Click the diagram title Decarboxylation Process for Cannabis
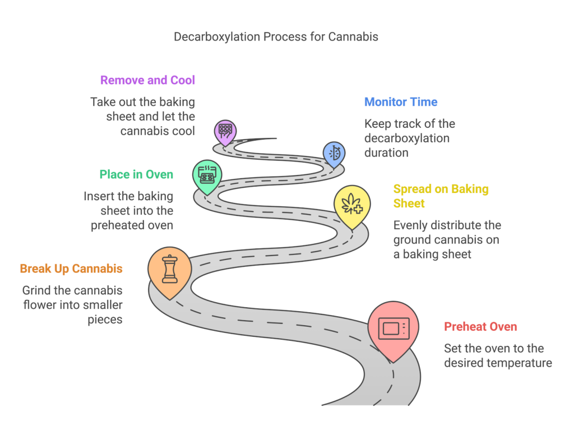[276, 37]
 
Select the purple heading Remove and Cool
[147, 80]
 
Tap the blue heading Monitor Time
[401, 102]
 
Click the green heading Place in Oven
[136, 174]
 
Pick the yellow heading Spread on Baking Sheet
[441, 196]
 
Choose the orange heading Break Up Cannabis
[71, 269]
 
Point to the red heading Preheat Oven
[480, 327]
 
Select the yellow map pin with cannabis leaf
[352, 205]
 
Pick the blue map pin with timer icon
[334, 152]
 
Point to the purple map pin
[225, 131]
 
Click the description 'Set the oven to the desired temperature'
[498, 355]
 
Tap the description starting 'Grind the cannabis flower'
[72, 305]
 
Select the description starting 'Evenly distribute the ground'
[447, 240]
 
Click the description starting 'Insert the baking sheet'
[128, 211]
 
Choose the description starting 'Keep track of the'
[409, 138]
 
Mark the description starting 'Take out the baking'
[142, 117]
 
